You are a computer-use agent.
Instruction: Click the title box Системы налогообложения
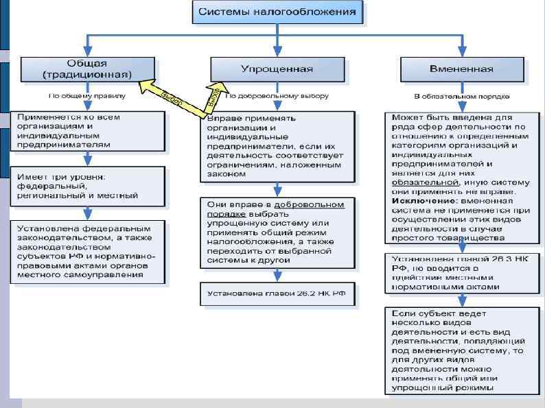point(277,12)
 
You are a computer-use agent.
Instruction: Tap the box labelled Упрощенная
point(277,69)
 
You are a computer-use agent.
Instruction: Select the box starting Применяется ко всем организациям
point(88,131)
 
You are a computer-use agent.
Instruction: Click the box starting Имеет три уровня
point(88,187)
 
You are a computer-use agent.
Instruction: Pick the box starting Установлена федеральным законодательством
point(88,251)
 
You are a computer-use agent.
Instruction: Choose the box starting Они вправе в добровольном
point(277,232)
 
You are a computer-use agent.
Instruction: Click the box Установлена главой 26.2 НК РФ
point(277,294)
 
